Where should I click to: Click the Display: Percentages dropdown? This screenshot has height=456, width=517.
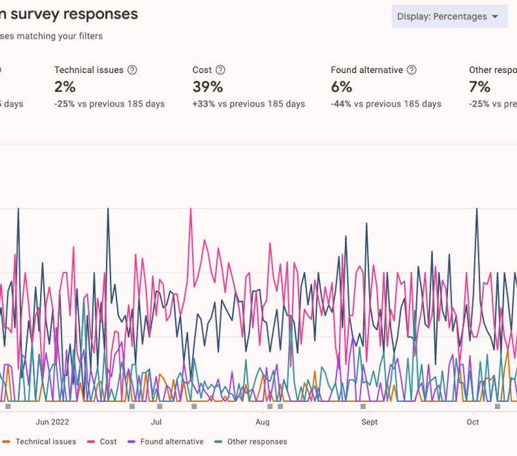pos(449,17)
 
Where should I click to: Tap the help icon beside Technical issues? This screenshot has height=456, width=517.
pos(132,70)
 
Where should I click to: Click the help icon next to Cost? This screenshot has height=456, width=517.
pos(220,70)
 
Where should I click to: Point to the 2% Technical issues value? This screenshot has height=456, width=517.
pos(65,87)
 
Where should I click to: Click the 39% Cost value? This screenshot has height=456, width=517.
pos(207,87)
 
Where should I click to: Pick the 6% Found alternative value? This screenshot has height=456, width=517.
pos(341,87)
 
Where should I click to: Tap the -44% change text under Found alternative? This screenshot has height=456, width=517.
pos(341,104)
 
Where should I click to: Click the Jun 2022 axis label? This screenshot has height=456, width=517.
pos(52,422)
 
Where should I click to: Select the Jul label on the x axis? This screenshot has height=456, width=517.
pos(156,422)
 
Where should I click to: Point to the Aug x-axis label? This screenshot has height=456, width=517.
pos(262,422)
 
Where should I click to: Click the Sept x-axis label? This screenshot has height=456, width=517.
pos(370,422)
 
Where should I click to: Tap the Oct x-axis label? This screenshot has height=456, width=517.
pos(473,422)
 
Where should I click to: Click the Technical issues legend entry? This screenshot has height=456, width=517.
pos(45,442)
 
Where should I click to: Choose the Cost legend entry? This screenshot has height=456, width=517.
pos(108,442)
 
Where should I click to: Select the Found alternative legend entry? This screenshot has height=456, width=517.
pos(171,442)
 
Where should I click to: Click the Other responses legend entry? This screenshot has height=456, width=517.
pos(257,442)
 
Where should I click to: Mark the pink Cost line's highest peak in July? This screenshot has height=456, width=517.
pos(191,209)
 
